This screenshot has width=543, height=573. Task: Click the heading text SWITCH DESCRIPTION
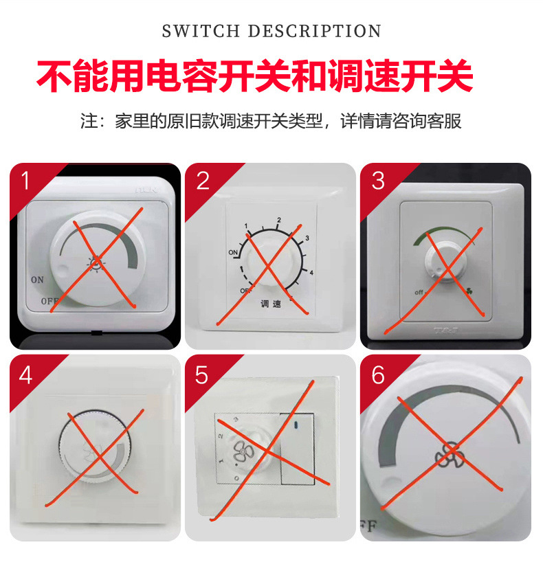point(271,31)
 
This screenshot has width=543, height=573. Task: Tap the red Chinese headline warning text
point(255,76)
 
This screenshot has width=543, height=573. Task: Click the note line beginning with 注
point(271,122)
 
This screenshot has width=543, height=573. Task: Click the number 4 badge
point(26,375)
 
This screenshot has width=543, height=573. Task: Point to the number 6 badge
point(378,375)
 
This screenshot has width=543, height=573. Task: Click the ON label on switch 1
point(36,280)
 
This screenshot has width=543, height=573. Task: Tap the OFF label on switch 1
point(49,301)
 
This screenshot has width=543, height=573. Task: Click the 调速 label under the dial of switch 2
point(270,304)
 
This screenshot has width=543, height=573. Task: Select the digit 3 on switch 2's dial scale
point(307,238)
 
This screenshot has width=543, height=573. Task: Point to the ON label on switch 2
point(234,253)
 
